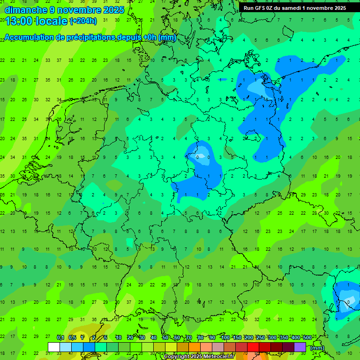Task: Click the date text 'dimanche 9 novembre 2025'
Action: point(64,9)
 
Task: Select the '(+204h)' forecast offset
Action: point(83,21)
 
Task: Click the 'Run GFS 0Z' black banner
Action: point(294,8)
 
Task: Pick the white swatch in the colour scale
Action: point(54,347)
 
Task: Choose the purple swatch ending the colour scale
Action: point(300,347)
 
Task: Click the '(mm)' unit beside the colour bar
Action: point(317,348)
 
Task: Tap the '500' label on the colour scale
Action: point(307,337)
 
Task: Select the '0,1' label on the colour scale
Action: point(60,337)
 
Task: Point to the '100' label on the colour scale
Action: point(225,337)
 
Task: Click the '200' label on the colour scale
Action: point(248,337)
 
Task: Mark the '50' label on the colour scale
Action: point(165,337)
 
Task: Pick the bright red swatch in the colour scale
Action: point(253,347)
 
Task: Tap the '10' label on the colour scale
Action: point(118,337)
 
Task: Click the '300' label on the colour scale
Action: point(272,337)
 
